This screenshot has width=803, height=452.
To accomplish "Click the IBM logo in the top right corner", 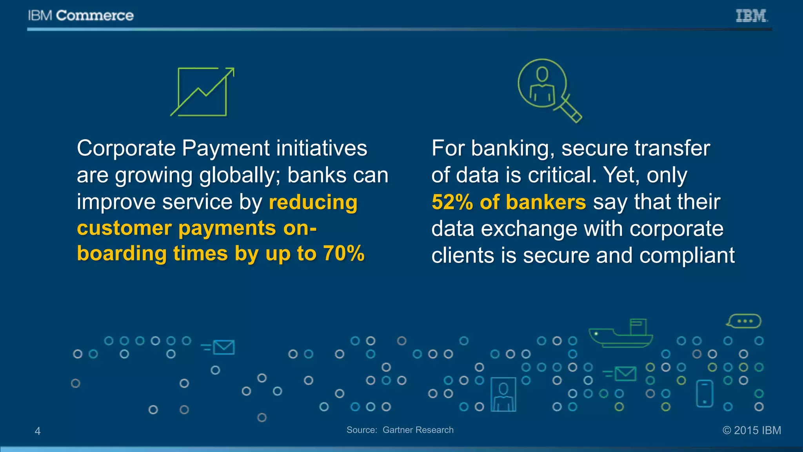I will point(751,16).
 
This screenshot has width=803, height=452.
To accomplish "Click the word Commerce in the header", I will point(95,16).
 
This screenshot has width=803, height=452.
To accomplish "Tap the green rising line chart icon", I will point(202,92).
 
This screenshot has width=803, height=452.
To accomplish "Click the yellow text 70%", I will point(344,253).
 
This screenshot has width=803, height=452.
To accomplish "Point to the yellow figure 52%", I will point(452,202).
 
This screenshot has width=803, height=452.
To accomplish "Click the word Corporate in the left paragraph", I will point(126,149).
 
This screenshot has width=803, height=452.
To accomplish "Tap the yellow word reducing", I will point(313,202).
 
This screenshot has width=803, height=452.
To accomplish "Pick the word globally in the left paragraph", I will point(240,175).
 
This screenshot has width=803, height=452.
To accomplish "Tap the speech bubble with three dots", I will point(744,321).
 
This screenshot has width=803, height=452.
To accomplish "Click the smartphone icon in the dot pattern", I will point(704,394).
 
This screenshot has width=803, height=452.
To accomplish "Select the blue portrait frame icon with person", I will point(503,394).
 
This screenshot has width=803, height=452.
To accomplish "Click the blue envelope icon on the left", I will point(223,347).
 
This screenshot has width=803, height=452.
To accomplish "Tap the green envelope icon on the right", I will point(625,374).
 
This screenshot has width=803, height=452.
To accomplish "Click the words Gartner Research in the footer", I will point(418,430).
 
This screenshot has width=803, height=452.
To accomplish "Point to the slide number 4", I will point(38,431).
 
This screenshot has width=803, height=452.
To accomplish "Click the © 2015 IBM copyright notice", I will point(752,430).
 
